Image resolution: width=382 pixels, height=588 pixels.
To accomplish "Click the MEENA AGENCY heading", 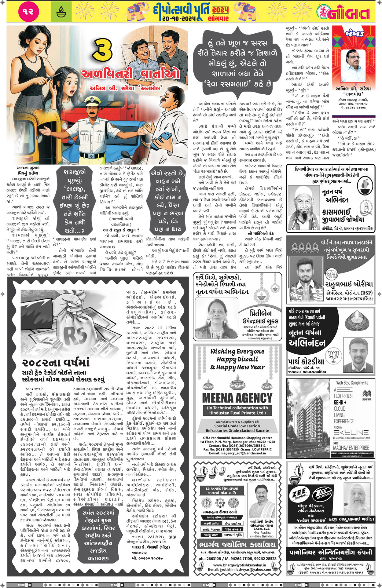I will point(237,398).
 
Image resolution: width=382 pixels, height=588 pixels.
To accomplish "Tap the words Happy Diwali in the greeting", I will point(237,359).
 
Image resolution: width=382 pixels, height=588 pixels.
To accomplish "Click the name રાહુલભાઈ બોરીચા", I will point(349,284).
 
